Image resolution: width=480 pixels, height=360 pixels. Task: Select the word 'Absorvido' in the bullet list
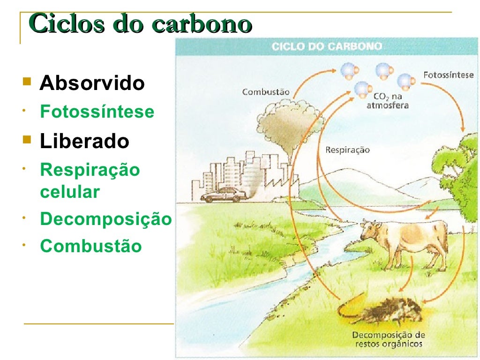[92, 83]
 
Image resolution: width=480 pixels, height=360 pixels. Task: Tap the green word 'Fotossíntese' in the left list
[97, 112]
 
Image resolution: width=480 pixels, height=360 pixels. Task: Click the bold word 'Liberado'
[84, 141]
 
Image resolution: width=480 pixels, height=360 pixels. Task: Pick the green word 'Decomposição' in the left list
[106, 219]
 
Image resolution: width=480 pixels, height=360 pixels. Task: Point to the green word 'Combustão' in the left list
[90, 246]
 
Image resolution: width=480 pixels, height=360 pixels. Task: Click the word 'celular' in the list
[70, 192]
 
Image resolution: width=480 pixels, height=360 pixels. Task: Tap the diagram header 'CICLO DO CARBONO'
[327, 46]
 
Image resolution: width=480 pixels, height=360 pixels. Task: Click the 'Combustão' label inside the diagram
[266, 92]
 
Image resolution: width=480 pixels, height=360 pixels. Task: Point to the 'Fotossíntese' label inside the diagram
[448, 75]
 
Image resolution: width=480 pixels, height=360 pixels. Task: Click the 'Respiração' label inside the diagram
[347, 150]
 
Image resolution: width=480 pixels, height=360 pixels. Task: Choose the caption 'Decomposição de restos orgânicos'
[388, 339]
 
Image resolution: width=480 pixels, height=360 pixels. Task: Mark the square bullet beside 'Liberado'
[26, 140]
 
